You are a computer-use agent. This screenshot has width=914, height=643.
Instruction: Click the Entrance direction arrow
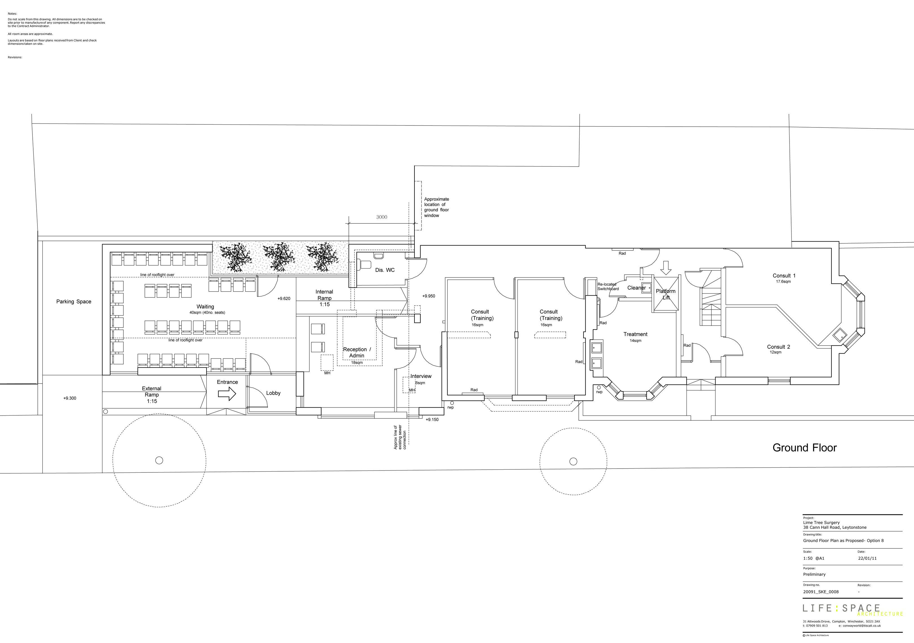tap(227, 394)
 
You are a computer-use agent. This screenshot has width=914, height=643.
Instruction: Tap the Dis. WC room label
tap(385, 270)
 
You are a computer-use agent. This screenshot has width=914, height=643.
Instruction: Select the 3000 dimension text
tap(382, 217)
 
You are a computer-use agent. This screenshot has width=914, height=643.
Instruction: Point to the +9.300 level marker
tap(70, 398)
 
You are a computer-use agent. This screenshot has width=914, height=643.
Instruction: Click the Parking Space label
tap(74, 301)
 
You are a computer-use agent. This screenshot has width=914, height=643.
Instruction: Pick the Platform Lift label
tap(665, 294)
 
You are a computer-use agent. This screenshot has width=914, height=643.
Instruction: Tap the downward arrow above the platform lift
tap(665, 268)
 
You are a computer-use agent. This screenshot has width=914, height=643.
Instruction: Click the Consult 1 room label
tap(784, 275)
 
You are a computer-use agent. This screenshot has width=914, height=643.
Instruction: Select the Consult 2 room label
tap(779, 347)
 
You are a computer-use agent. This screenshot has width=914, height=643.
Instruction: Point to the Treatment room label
tap(635, 334)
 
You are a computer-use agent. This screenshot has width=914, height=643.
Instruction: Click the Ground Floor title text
tap(804, 448)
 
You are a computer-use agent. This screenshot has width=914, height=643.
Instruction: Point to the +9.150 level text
tap(432, 420)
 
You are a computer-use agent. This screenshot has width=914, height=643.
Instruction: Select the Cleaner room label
tap(636, 288)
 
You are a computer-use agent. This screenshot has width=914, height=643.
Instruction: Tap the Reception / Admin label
tap(357, 352)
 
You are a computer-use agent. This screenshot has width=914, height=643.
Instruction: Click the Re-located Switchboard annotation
tap(608, 286)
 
